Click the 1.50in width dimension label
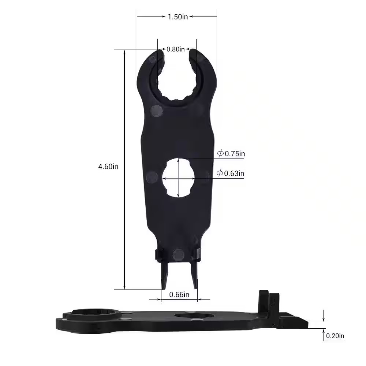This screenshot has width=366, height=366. (x=178, y=17)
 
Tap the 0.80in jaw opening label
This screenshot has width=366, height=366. (x=176, y=49)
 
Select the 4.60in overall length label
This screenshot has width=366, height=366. (x=108, y=166)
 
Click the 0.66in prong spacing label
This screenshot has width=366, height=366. (x=179, y=294)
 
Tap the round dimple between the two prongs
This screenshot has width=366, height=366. (x=178, y=254)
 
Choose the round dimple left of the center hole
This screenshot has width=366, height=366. (x=152, y=177)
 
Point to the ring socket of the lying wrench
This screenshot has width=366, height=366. (x=93, y=314)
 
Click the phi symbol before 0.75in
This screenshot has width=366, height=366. (x=220, y=154)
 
